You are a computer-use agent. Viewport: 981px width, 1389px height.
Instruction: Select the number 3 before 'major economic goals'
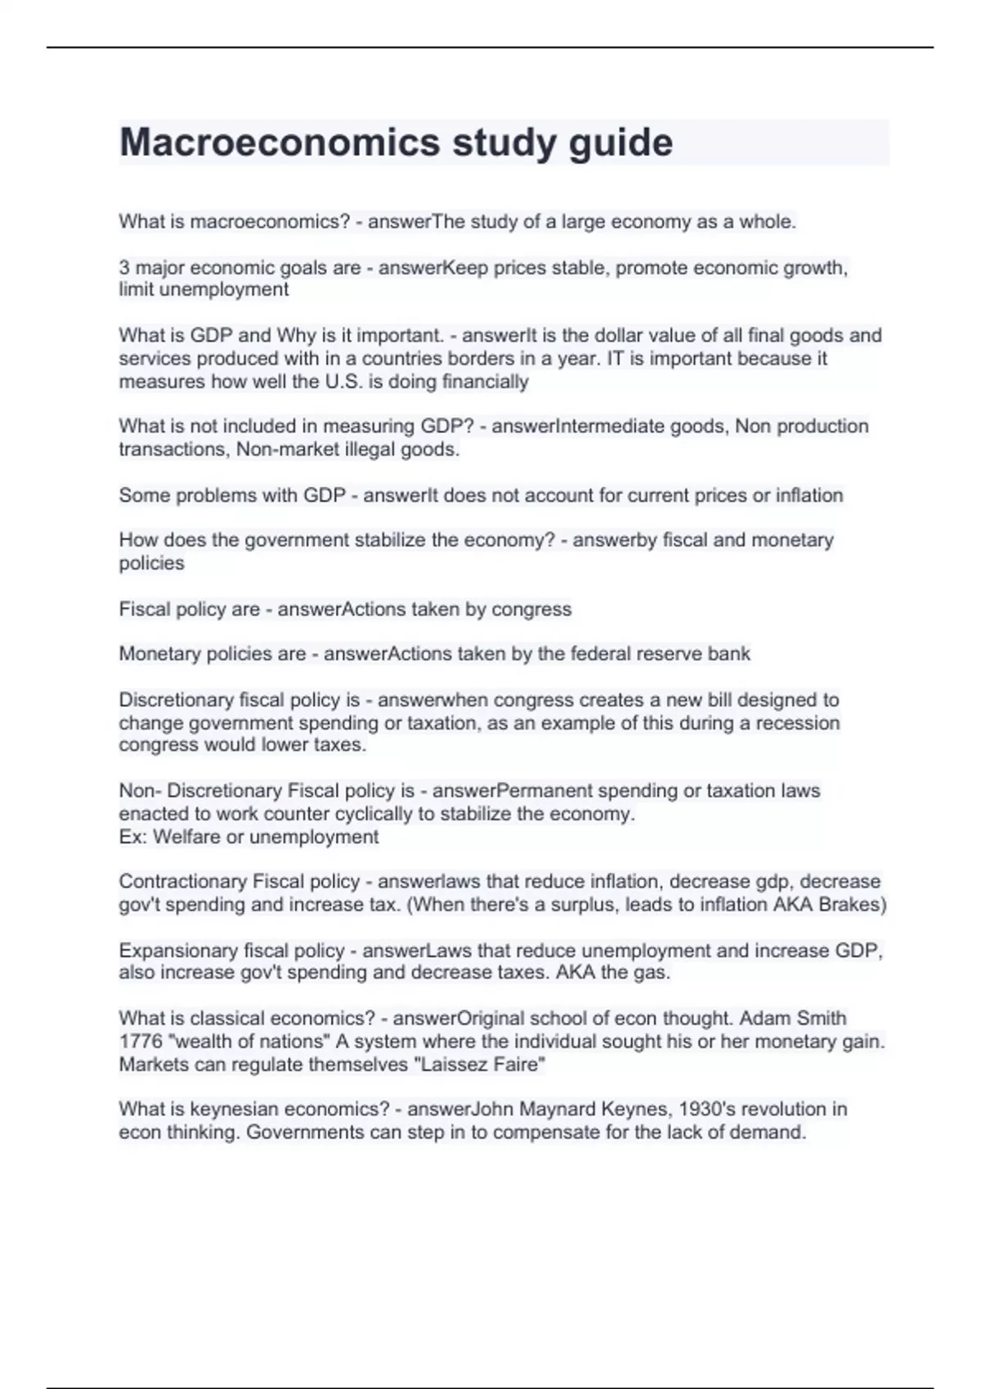coord(124,268)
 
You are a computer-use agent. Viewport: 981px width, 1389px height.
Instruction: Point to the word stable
coord(578,268)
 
